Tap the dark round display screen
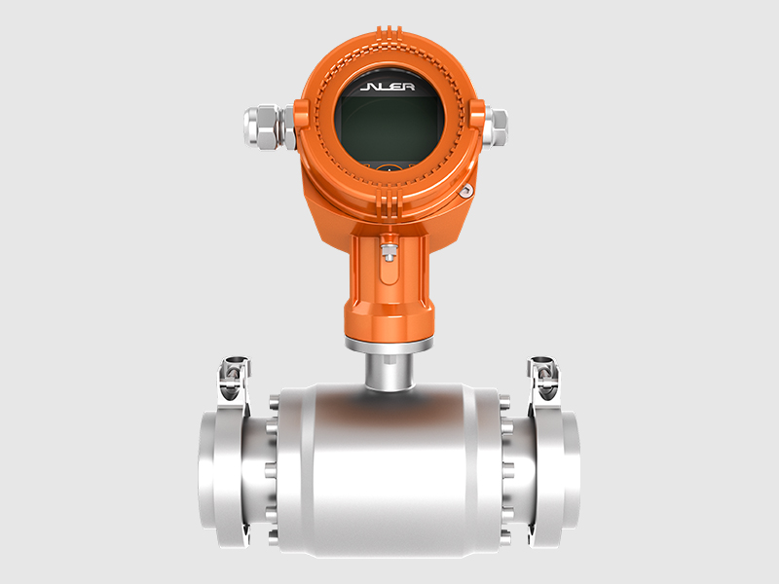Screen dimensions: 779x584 coord(389,122)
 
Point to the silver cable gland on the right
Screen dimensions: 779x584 coord(495,128)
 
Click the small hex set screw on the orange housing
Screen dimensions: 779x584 coord(466,191)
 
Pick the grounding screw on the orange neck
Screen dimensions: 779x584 coord(389,251)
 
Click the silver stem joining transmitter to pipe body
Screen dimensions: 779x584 coord(389,370)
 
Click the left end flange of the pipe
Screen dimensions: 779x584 coord(224,478)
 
